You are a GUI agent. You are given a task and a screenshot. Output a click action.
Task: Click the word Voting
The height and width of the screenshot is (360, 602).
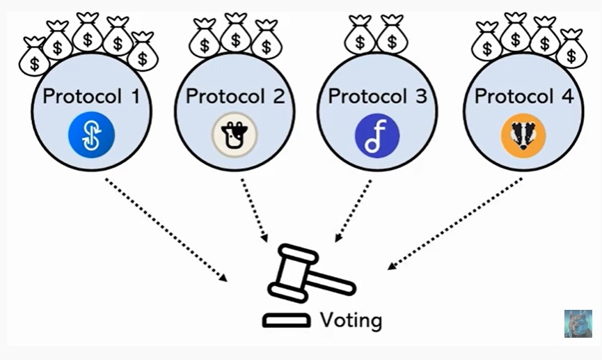(351, 320)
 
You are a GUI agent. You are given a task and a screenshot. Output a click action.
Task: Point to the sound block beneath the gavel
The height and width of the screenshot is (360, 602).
(286, 321)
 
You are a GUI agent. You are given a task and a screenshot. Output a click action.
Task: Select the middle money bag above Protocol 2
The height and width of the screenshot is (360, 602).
(235, 35)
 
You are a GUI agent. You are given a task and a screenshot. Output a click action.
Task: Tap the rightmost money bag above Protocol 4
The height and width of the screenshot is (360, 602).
(572, 49)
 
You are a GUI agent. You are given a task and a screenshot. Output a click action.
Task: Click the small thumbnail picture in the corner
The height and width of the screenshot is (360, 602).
(578, 324)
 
